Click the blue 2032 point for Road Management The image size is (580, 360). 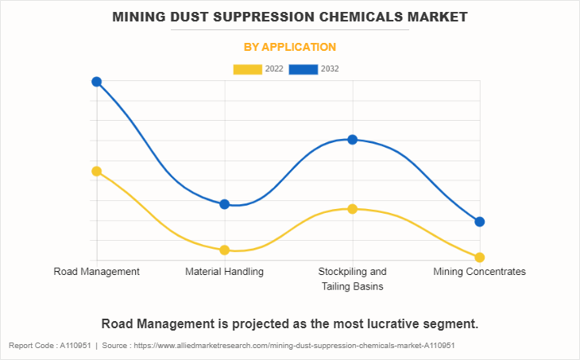point(97,82)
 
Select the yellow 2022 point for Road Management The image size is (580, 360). point(97,171)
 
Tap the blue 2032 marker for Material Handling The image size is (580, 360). point(225,204)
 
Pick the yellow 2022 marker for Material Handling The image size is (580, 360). point(225,250)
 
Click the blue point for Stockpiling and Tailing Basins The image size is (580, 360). point(353,140)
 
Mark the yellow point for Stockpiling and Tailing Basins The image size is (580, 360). point(353,209)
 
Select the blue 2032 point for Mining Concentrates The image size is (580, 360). point(480,222)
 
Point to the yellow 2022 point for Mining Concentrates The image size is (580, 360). point(480,257)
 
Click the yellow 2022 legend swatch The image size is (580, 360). point(248,69)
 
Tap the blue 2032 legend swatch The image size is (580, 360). point(304,69)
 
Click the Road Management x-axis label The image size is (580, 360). point(97,272)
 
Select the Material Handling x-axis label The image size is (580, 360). point(225,272)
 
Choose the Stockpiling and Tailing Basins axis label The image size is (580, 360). point(353,279)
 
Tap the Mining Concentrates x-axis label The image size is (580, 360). point(480,272)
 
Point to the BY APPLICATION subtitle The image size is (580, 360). point(290,48)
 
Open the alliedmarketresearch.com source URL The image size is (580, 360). point(294,346)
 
